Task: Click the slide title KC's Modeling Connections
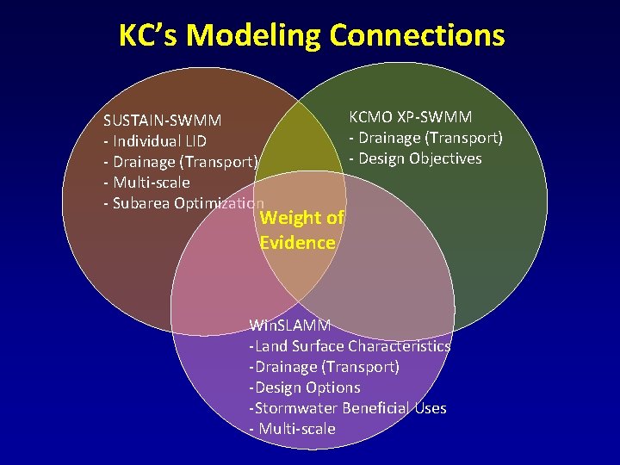[x=311, y=35]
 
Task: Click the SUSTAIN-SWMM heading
[x=162, y=121]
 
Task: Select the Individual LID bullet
[x=155, y=141]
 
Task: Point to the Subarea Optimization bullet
[x=183, y=203]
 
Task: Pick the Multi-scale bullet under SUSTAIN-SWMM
[x=146, y=183]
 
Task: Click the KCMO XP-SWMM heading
[x=410, y=117]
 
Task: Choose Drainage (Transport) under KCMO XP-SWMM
[x=425, y=138]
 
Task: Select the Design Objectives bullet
[x=415, y=158]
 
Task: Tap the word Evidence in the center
[x=297, y=243]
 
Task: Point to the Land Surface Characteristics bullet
[x=350, y=346]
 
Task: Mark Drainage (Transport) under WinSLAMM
[x=324, y=367]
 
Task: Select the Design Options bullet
[x=304, y=387]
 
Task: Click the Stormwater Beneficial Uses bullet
[x=348, y=408]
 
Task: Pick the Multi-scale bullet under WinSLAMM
[x=292, y=429]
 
